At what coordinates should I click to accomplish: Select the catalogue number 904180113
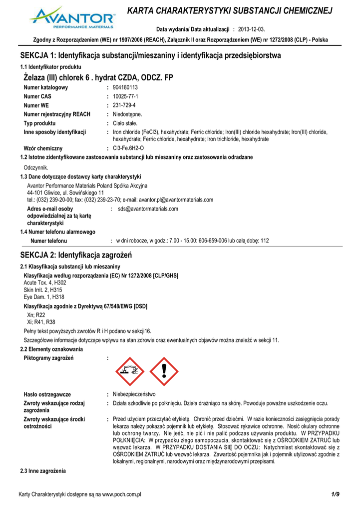point(125,87)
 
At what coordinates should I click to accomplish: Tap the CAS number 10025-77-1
point(125,96)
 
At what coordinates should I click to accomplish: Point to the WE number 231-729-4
point(124,105)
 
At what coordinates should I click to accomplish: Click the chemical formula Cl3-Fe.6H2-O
point(128,148)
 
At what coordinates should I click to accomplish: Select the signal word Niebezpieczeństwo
point(134,394)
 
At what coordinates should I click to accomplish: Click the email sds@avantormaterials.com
point(148,209)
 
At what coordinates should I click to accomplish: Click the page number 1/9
point(335,494)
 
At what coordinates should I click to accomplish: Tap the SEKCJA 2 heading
point(75,255)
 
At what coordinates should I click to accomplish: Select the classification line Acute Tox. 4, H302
point(45,283)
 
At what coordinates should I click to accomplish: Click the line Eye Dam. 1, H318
point(43,297)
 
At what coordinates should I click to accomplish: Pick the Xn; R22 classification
point(36,315)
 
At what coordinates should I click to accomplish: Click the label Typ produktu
point(40,123)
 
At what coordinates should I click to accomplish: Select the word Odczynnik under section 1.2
point(36,167)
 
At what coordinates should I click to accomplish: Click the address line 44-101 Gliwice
point(65,192)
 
